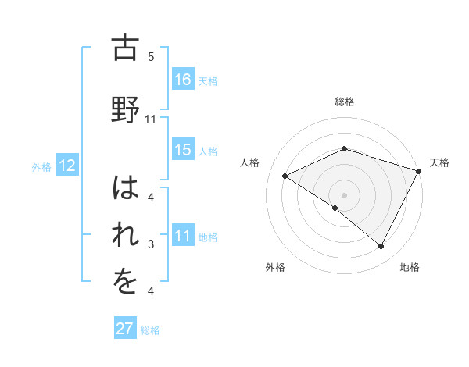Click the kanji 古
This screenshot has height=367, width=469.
point(125,49)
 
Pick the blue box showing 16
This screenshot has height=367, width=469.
point(183,79)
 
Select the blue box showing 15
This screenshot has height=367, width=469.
point(183,150)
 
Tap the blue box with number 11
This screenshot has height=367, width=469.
point(183,236)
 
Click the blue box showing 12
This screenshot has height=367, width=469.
point(66,166)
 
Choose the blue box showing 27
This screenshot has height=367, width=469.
point(125,329)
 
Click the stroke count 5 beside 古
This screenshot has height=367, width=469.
point(151,57)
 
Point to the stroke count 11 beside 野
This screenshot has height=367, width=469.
point(151,119)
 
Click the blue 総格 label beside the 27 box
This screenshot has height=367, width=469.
point(151,330)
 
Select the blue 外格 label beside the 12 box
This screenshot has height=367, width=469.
point(41,167)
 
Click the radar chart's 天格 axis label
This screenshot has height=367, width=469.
point(439,162)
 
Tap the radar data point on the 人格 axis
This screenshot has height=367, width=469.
point(285,176)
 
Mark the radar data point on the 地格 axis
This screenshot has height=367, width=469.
point(381,247)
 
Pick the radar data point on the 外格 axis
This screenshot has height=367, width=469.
point(335,208)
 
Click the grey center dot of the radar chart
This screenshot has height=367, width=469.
point(344,194)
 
